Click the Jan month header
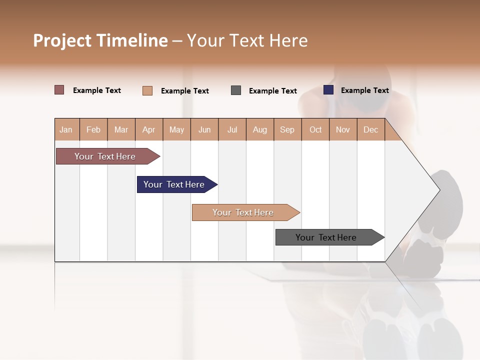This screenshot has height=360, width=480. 66,129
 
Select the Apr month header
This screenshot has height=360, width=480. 149,129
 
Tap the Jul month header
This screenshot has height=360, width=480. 232,129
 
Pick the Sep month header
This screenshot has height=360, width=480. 287,129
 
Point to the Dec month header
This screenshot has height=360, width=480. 370,129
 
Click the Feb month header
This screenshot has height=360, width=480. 93,129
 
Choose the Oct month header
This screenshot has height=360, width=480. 315,129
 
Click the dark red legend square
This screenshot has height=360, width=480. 59,90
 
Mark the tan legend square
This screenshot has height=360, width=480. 147,90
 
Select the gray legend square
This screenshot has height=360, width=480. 236,90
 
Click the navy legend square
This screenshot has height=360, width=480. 328,90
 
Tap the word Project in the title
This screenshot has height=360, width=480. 62,40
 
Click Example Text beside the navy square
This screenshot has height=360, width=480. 364,90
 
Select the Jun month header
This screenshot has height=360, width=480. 204,129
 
